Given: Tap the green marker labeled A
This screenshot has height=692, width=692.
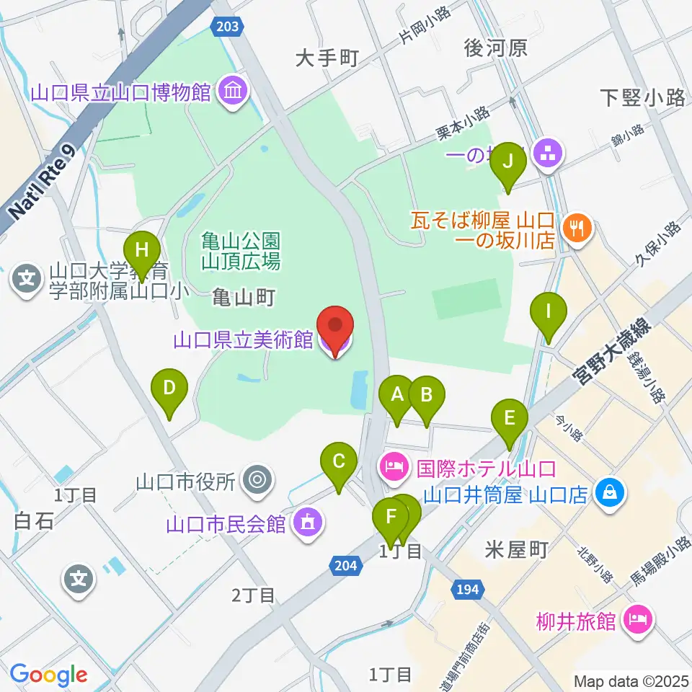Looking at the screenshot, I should pos(396,395).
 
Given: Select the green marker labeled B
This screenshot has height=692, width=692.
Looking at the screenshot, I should pos(426,395).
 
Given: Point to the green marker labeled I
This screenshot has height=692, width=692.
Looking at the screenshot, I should pos(549,313).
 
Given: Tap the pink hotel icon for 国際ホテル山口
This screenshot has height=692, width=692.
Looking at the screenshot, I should pos(394,469).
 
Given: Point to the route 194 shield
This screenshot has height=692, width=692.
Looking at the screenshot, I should pos(466,590).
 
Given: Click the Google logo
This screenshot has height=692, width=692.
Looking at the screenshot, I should pos(48,675).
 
